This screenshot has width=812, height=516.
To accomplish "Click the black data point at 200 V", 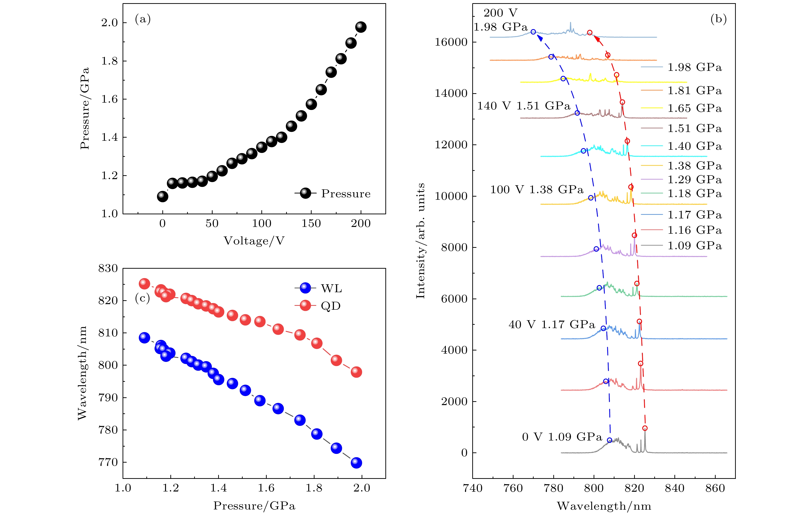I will [x=361, y=27].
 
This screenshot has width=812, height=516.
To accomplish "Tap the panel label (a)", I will [x=143, y=19].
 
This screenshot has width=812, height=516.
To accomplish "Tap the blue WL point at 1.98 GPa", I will [x=356, y=463].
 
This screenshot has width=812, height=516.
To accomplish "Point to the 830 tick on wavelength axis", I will [x=108, y=268].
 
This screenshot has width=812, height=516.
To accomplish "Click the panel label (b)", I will [x=718, y=19].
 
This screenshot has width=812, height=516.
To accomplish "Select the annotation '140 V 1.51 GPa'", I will [x=523, y=106].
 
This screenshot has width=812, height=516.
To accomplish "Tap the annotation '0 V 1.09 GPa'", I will [x=562, y=437].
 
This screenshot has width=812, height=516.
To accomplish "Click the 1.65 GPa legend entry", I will [x=695, y=108].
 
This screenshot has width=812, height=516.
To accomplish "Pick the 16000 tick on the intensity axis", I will [x=451, y=42].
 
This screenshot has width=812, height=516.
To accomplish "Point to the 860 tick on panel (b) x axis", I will [x=715, y=488].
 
